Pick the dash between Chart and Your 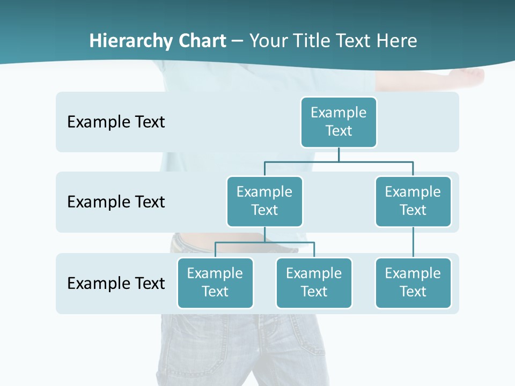click(x=238, y=41)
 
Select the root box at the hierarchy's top click(x=339, y=122)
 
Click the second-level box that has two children click(x=264, y=201)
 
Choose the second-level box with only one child click(x=413, y=201)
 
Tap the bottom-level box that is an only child click(x=413, y=283)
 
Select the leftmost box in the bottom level click(x=215, y=283)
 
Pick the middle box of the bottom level click(x=314, y=283)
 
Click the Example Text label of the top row click(x=116, y=122)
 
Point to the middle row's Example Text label click(x=116, y=202)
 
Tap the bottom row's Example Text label click(x=116, y=283)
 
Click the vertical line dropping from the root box click(x=339, y=154)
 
